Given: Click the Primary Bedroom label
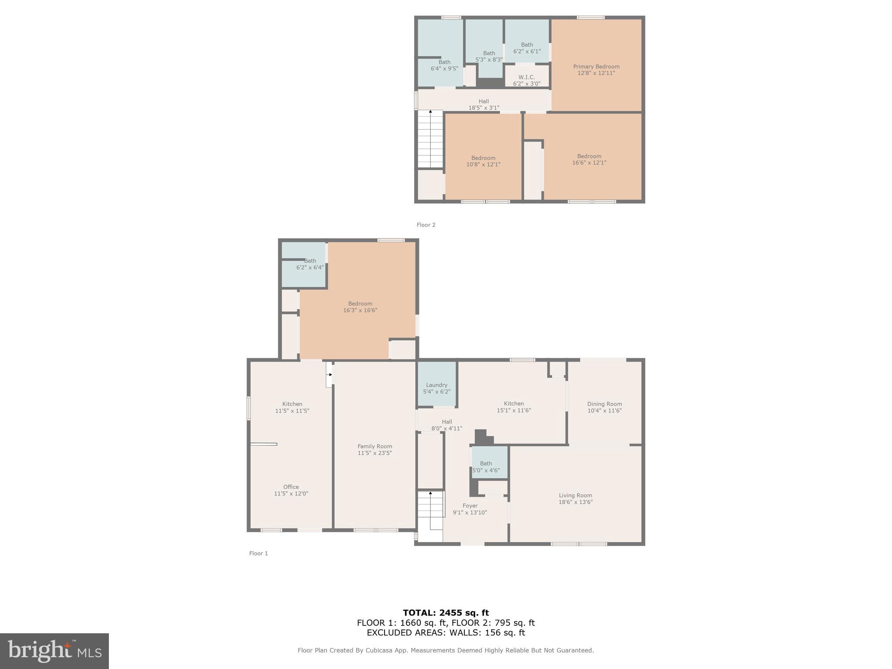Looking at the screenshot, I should [596, 67].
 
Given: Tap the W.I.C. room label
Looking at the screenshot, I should [526, 77].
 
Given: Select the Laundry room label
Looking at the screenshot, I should [436, 385].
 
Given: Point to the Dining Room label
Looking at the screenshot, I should [604, 404].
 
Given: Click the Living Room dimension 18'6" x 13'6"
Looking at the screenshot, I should [575, 502].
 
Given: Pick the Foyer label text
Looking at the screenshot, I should [470, 506].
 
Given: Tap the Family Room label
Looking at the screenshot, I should [375, 446].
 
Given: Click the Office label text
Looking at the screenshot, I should [291, 487].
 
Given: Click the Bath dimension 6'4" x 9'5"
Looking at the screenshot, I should [444, 68].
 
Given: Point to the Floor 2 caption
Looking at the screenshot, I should [426, 225].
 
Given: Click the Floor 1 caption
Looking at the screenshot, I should [258, 553].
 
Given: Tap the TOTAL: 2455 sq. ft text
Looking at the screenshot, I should [446, 613].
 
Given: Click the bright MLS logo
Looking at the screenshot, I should [54, 651].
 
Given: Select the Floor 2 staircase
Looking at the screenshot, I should [430, 139].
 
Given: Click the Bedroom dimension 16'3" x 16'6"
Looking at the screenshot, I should [360, 310].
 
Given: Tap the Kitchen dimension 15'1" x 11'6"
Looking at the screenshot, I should [514, 410].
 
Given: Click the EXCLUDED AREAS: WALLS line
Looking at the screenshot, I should [446, 632].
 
